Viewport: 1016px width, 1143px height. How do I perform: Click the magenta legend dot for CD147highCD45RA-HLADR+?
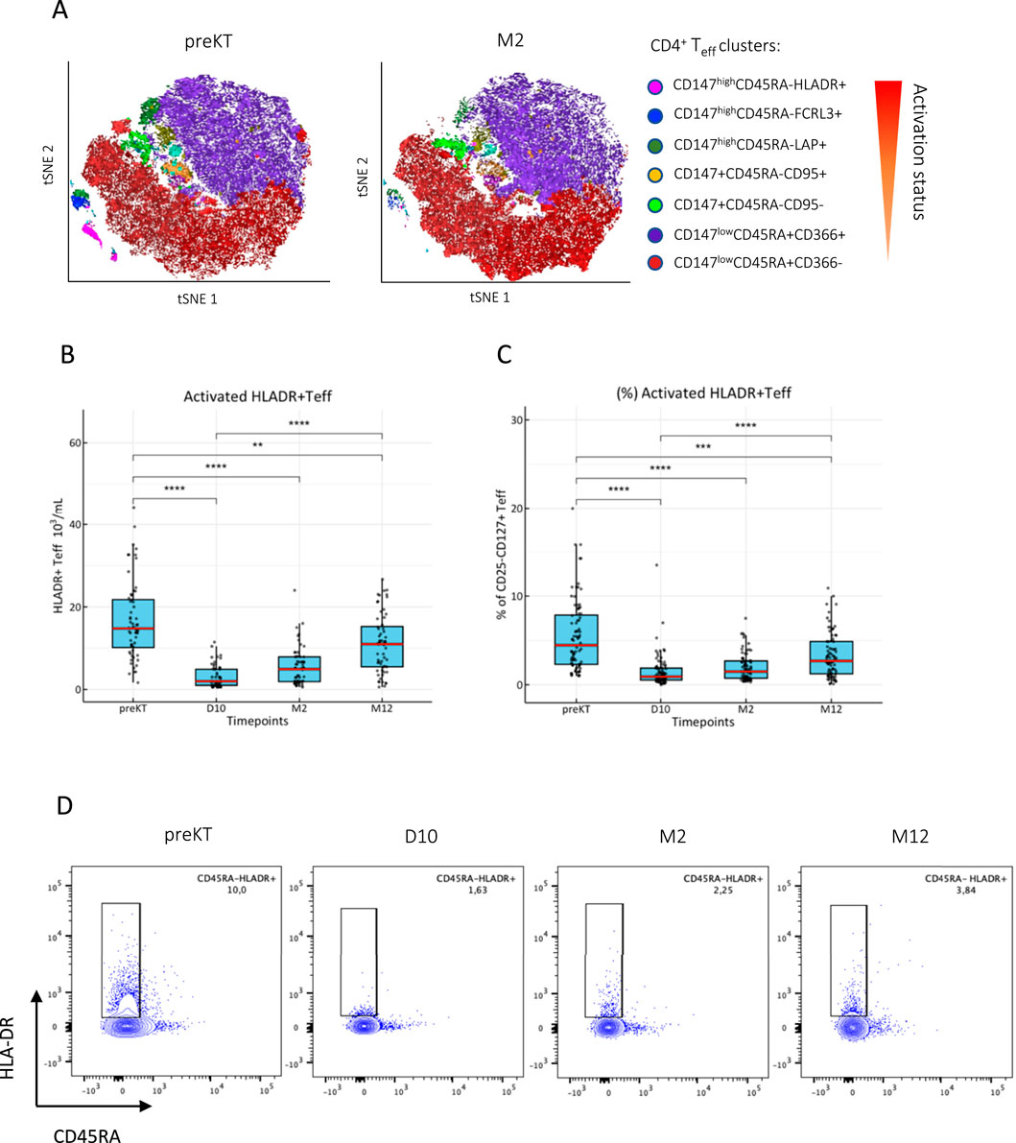pos(653,86)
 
